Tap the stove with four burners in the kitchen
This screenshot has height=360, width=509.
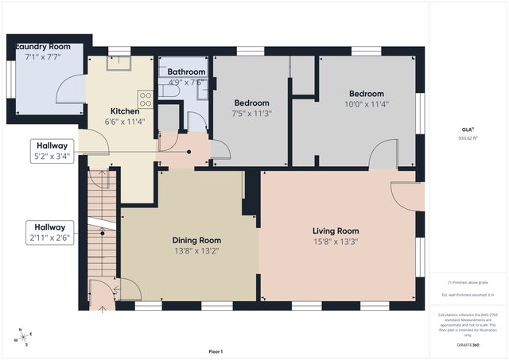tap(146, 99)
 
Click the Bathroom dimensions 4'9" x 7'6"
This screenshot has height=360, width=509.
tap(186, 82)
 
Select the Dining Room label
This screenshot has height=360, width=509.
tap(196, 240)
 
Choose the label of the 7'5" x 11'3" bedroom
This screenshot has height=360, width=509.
tap(251, 103)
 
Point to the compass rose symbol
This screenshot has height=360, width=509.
tap(24, 337)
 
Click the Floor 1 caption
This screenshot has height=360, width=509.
tap(216, 351)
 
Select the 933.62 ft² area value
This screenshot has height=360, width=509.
tap(467, 137)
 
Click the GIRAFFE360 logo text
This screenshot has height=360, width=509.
tap(468, 346)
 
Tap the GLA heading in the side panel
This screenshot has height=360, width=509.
tap(467, 128)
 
